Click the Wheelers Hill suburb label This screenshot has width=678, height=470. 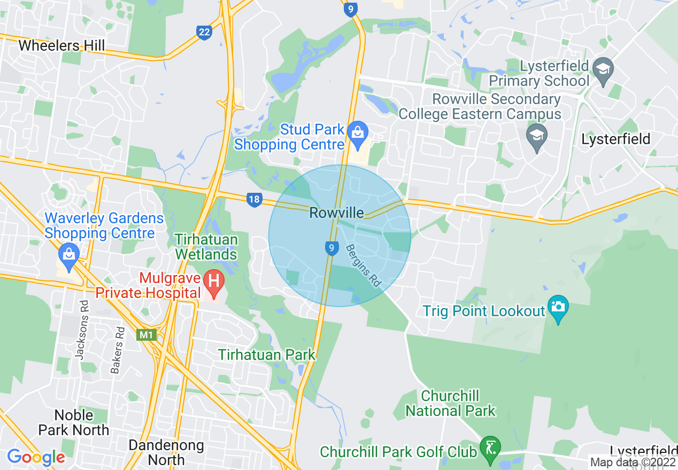61,45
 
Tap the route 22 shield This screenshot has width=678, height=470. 204,33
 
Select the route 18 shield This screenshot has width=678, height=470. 254,200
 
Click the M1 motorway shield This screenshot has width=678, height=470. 146,335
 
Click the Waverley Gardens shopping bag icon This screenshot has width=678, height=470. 69,253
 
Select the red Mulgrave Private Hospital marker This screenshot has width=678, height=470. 214,281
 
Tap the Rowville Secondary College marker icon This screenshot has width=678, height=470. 537,136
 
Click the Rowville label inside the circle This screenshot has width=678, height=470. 336,213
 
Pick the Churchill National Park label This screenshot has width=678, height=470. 450,403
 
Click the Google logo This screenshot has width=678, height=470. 35,457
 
